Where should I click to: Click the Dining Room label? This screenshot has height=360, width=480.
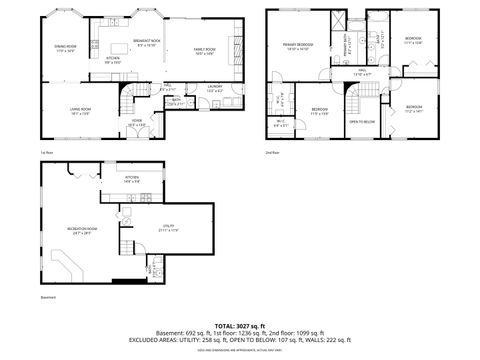(x=65, y=48)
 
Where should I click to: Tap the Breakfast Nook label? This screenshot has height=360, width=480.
(x=147, y=42)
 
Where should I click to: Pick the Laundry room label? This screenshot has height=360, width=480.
(x=215, y=88)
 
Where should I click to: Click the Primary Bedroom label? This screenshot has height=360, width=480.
(x=297, y=45)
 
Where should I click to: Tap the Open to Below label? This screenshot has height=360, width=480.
(x=362, y=122)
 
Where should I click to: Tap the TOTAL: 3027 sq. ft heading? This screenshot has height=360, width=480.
(x=239, y=326)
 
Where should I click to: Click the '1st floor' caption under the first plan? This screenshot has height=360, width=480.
(x=46, y=152)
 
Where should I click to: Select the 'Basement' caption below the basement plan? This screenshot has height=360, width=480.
(x=48, y=297)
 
